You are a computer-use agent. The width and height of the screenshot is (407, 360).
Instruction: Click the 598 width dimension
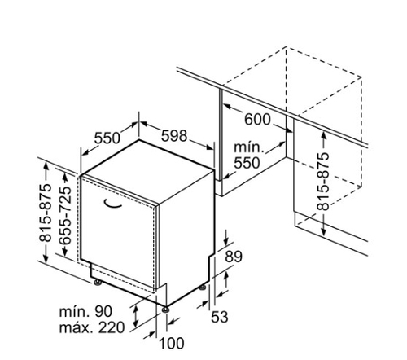(174, 135)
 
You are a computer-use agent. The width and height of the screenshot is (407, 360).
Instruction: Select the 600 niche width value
(257, 119)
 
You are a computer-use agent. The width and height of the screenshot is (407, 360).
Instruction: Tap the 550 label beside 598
(107, 138)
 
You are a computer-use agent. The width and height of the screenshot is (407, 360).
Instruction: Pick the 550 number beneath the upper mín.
(247, 163)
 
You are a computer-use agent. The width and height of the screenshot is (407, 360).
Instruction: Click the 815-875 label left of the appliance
(46, 213)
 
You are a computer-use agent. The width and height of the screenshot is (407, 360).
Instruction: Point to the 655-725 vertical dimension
(65, 215)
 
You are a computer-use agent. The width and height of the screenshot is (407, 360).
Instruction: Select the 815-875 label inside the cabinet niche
(323, 182)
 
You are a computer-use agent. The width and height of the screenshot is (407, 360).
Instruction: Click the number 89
(234, 257)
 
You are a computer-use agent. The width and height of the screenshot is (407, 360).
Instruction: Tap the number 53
(220, 317)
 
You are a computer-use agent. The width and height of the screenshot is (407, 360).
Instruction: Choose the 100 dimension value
(172, 343)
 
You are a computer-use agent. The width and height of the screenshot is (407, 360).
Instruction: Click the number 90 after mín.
(103, 311)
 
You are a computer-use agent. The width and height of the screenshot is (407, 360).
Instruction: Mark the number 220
(112, 327)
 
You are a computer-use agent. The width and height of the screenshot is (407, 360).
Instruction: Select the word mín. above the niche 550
(249, 147)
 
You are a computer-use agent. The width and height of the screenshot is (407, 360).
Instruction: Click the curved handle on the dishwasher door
(112, 204)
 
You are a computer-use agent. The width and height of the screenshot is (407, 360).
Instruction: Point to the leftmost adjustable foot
(98, 283)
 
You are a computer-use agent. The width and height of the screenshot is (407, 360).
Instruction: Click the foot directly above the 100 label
(166, 310)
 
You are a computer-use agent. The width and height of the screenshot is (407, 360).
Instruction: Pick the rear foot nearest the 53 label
(202, 288)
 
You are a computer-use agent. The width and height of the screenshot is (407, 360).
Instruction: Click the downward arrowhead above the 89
(226, 241)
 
